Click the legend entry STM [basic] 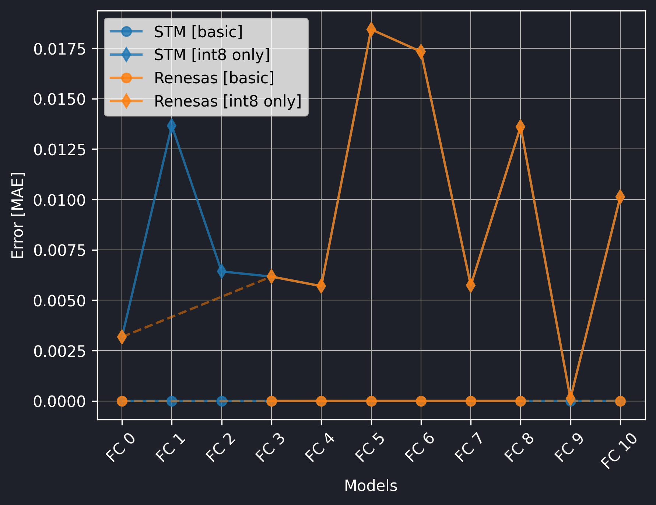pyautogui.click(x=198, y=32)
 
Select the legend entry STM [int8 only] pyautogui.click(x=212, y=55)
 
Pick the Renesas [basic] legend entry pyautogui.click(x=214, y=78)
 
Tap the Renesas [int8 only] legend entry pyautogui.click(x=228, y=101)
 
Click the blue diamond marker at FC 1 pyautogui.click(x=172, y=126)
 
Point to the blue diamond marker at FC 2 pyautogui.click(x=221, y=271)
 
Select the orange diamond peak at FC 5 pyautogui.click(x=371, y=29)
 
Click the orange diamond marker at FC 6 pyautogui.click(x=421, y=52)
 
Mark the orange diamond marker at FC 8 pyautogui.click(x=520, y=127)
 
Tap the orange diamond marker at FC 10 pyautogui.click(x=620, y=197)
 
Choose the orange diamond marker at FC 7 pyautogui.click(x=470, y=285)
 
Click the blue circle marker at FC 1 pyautogui.click(x=172, y=401)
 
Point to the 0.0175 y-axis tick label pyautogui.click(x=60, y=49)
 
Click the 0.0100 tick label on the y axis pyautogui.click(x=60, y=200)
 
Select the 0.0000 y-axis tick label pyautogui.click(x=60, y=401)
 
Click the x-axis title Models pyautogui.click(x=371, y=486)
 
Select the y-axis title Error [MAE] pyautogui.click(x=18, y=215)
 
